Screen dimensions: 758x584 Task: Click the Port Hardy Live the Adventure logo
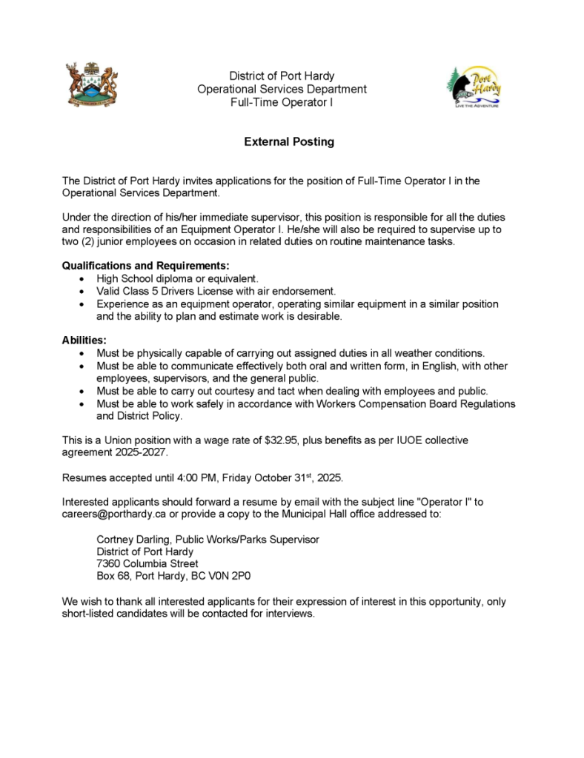(x=474, y=88)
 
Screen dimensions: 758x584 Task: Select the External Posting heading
(x=289, y=141)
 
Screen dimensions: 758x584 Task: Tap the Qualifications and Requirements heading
(x=145, y=265)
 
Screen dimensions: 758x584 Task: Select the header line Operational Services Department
(x=282, y=89)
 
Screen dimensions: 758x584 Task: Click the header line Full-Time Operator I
(x=282, y=102)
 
